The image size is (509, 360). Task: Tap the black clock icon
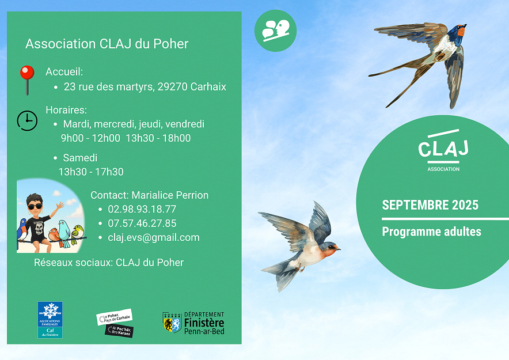27,121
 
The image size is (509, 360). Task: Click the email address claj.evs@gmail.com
154,238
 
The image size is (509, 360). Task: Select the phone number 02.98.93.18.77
142,209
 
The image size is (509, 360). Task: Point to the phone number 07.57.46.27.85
142,223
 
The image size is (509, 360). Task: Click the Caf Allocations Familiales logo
50,320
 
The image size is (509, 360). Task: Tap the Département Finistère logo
193,323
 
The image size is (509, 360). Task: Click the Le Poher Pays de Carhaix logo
115,323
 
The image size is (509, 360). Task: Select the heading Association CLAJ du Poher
107,44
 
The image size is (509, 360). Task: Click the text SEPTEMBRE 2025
430,205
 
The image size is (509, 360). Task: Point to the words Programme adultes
431,232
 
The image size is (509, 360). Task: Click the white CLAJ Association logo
443,150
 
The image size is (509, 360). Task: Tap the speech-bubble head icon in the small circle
276,31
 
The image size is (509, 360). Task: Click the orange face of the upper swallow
461,31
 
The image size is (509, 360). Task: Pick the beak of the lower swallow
338,249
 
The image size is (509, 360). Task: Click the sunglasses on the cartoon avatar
35,206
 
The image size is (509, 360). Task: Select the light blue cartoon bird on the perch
64,233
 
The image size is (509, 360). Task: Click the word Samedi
80,158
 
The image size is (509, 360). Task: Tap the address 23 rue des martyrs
109,87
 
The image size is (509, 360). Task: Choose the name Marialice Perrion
170,195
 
